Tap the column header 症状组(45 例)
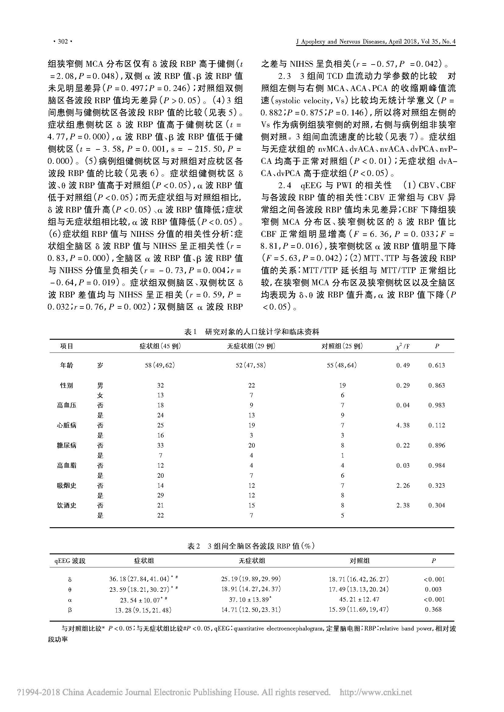[160, 346]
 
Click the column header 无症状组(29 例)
[251, 346]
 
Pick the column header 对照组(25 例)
[342, 346]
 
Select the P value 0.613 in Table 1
[436, 365]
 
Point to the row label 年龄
[66, 365]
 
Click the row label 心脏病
[66, 425]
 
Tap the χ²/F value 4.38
[403, 425]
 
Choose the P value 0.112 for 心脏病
[436, 425]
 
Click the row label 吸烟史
[66, 485]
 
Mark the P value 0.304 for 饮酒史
[436, 505]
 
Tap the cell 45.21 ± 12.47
[358, 599]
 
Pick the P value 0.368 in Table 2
[433, 609]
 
